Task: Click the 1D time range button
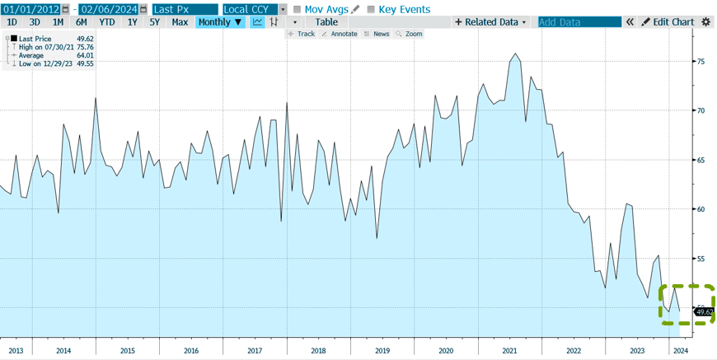coord(12,22)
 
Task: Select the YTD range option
coord(107,22)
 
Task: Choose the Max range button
coord(180,22)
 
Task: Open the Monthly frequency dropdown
coord(220,22)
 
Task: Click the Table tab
coord(326,22)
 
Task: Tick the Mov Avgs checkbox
coord(298,9)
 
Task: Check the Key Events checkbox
coord(371,9)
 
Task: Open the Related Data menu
coord(491,22)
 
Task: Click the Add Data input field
coord(579,22)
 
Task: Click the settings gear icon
coord(705,22)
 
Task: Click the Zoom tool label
coord(413,34)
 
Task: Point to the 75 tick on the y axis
coord(700,62)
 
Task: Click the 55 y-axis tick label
coord(700,259)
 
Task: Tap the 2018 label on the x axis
coord(318,350)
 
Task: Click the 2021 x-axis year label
coord(509,350)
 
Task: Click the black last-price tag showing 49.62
coord(704,311)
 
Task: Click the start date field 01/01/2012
coord(30,9)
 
